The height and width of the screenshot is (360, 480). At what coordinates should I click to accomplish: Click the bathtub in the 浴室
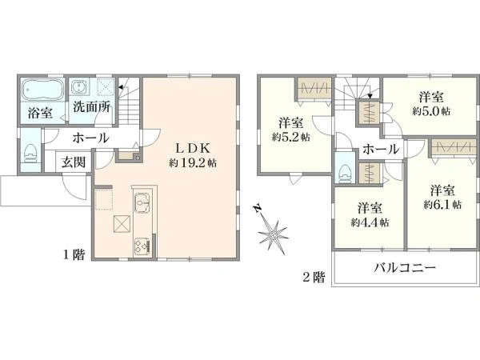(x=43, y=90)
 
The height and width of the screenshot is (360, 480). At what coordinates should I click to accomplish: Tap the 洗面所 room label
(x=91, y=107)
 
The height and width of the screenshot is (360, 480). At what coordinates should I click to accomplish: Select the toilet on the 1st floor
(x=31, y=154)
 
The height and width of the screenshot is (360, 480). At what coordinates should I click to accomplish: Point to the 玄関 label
(x=74, y=162)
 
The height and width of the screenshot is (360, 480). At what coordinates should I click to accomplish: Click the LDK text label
(x=193, y=149)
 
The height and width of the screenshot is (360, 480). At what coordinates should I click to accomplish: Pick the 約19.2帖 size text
(x=193, y=163)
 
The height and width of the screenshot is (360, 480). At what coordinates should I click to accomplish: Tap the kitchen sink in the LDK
(x=142, y=202)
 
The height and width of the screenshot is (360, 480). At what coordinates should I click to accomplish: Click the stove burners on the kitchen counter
(x=142, y=246)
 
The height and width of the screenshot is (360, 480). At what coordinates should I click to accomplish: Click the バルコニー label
(x=405, y=268)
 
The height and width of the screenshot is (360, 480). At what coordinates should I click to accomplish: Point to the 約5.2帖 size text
(x=291, y=137)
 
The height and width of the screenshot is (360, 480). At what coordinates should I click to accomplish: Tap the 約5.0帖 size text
(x=431, y=111)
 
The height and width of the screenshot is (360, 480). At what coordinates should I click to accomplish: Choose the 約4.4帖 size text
(x=370, y=222)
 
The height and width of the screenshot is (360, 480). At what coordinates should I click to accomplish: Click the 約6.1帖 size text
(x=442, y=204)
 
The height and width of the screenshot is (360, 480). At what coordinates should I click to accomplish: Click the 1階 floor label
(x=74, y=254)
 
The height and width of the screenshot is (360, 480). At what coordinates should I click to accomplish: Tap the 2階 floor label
(x=314, y=278)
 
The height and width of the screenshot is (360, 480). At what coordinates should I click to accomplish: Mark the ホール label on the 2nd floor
(x=381, y=150)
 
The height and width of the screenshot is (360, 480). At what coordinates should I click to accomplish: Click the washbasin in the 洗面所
(x=78, y=86)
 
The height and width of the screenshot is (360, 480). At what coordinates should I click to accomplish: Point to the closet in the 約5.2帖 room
(x=314, y=88)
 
